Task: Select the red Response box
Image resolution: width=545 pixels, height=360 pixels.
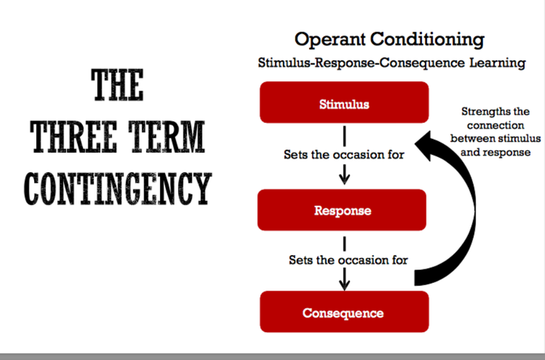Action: pos(342,210)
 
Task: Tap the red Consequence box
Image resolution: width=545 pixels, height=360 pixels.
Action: pos(343,312)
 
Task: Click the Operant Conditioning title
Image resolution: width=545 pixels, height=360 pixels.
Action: pos(389,39)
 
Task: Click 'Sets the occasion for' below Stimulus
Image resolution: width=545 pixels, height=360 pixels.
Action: pos(343,154)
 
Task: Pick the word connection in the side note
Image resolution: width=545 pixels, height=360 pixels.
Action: pos(495,126)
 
